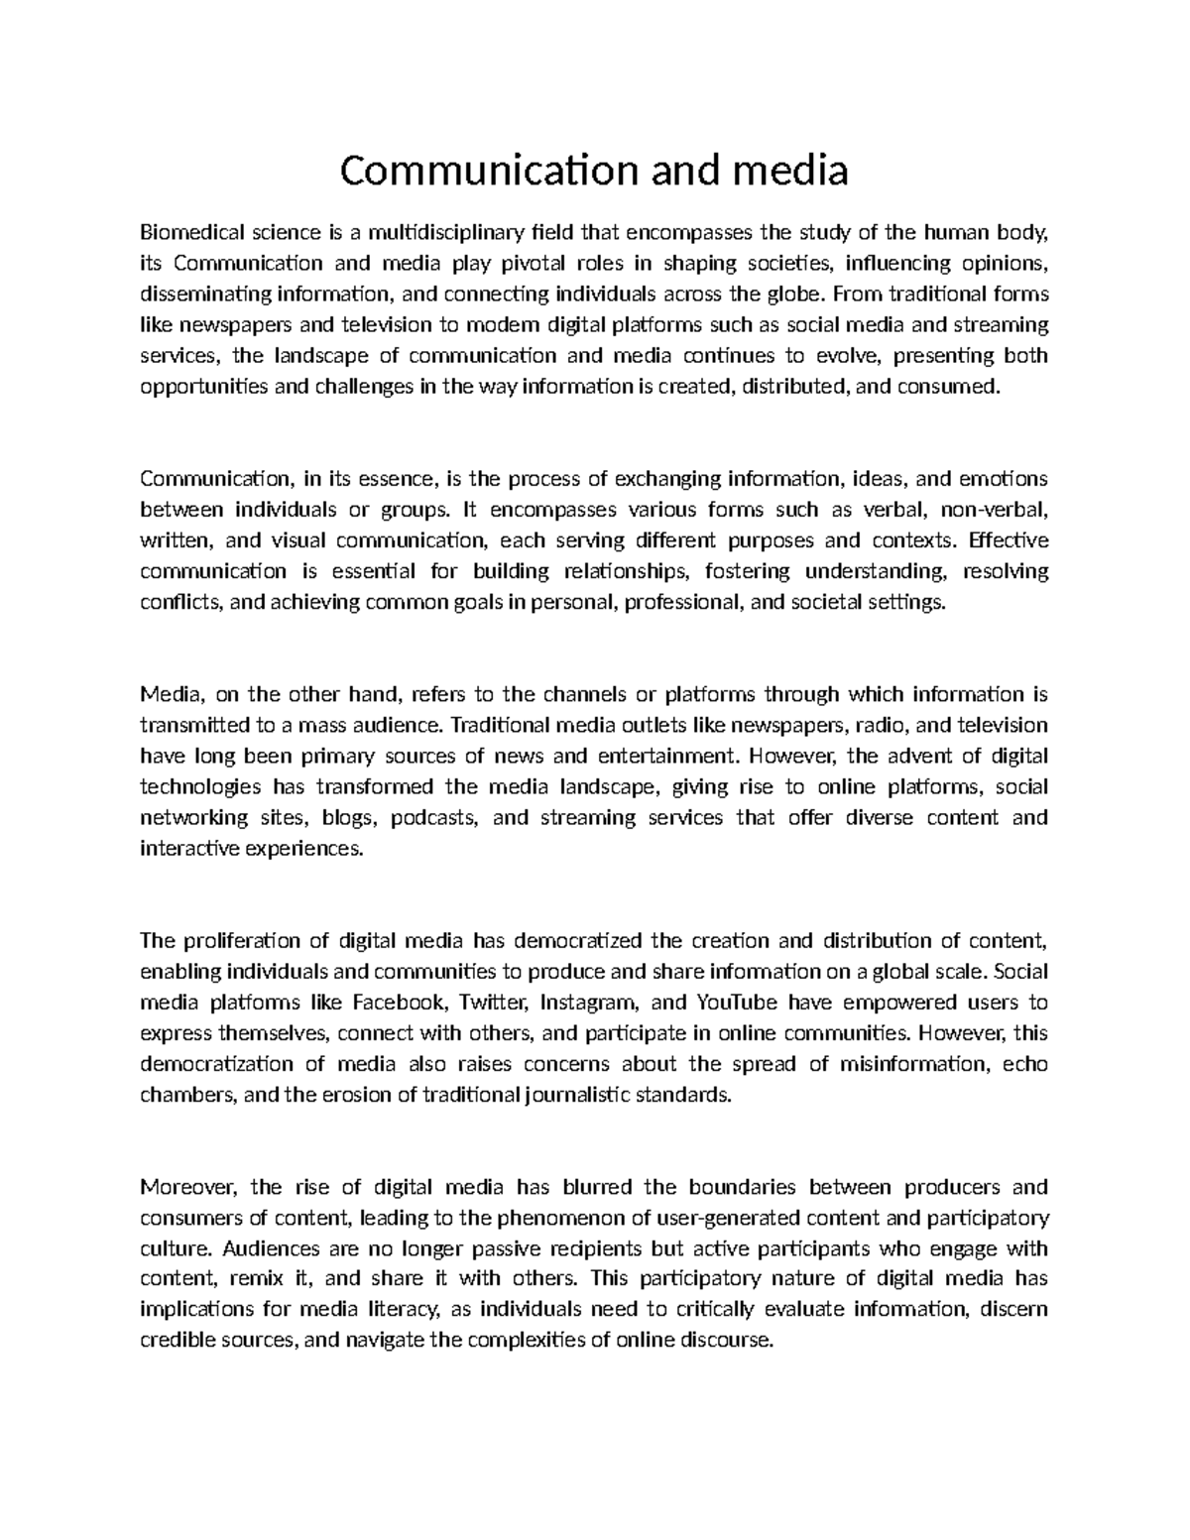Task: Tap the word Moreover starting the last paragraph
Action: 188,1187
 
